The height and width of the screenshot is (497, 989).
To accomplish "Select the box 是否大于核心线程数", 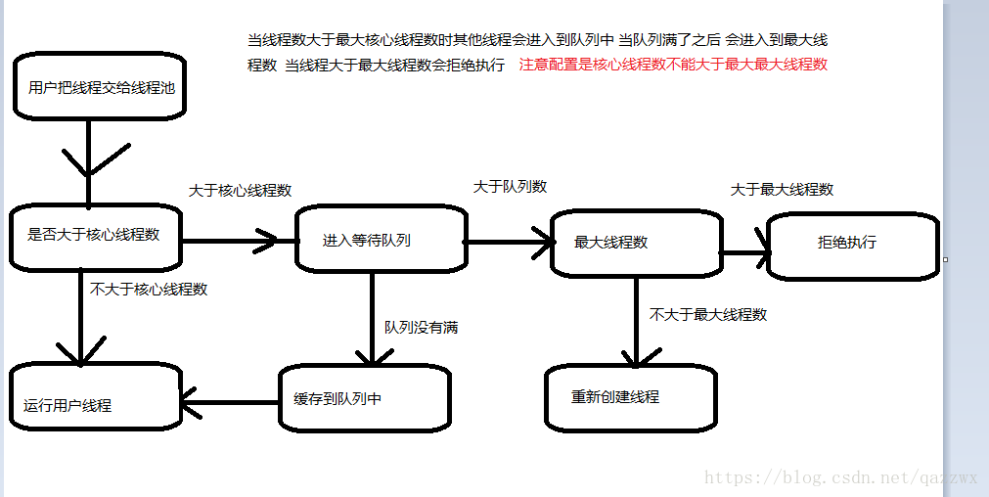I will tap(96, 236).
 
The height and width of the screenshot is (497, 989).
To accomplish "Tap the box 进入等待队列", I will tap(381, 240).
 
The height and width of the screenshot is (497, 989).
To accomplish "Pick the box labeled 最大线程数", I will tap(636, 243).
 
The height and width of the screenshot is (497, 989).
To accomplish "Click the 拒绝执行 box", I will tap(853, 243).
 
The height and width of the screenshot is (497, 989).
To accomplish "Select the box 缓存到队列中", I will tap(364, 398).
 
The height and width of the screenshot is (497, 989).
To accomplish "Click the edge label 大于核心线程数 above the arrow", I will tap(240, 191).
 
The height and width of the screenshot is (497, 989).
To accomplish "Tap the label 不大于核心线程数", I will tap(149, 290).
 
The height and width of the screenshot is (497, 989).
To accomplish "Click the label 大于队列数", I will tap(510, 186).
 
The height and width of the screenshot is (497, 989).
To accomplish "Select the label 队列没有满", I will tap(421, 328).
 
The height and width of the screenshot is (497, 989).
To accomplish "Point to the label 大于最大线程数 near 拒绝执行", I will tap(782, 190).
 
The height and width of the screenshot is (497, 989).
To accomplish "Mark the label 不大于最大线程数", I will tap(708, 315).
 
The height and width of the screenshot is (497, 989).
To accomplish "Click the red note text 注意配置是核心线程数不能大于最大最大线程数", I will tap(673, 65).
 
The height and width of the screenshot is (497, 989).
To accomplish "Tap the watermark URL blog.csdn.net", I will tap(840, 478).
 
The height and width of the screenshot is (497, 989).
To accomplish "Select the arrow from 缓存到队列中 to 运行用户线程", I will tap(231, 402).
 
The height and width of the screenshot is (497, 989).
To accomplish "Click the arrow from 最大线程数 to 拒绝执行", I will tap(745, 252).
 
